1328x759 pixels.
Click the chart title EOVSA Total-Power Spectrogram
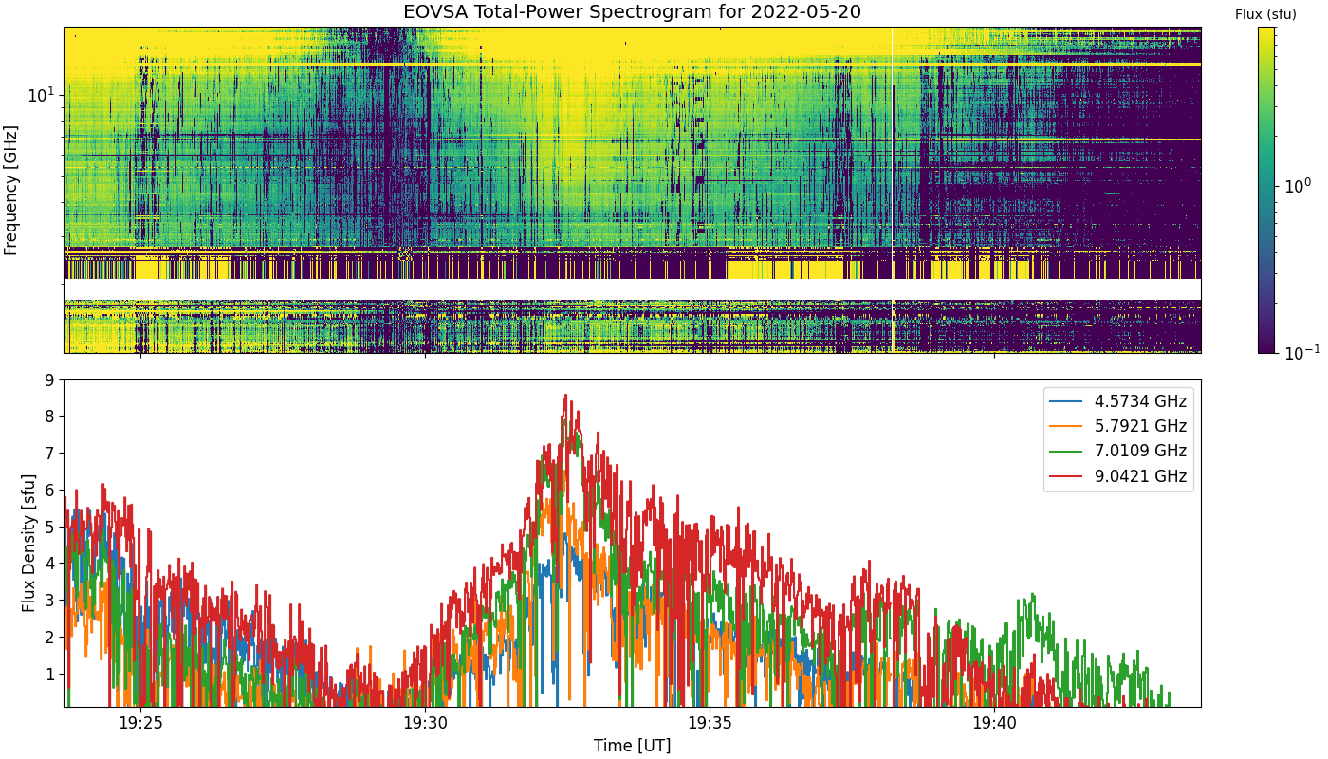(x=632, y=12)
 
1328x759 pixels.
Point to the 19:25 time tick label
(x=140, y=723)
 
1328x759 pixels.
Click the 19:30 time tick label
(x=425, y=723)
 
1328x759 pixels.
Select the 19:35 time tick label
(x=710, y=723)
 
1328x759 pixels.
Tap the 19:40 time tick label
(x=994, y=723)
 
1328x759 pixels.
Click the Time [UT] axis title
(x=632, y=746)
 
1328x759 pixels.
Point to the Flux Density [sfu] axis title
(x=28, y=544)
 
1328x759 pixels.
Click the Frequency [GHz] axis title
(x=11, y=190)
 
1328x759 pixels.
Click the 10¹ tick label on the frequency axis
(x=42, y=94)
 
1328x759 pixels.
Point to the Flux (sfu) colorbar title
(x=1265, y=14)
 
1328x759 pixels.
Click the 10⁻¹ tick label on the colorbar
(x=1297, y=352)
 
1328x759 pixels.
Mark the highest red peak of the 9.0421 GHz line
(x=565, y=396)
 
